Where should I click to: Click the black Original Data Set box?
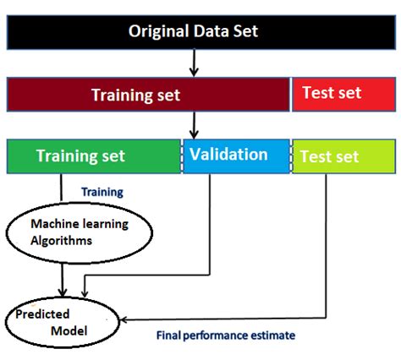201,32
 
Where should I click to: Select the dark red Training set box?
148,95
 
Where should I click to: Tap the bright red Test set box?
344,95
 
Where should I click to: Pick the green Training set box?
94,156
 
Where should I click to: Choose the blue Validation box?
236,156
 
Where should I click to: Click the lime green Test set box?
344,156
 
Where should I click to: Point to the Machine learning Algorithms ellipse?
80,233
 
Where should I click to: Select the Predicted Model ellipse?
63,322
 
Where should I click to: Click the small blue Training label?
102,192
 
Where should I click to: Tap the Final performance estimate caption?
226,335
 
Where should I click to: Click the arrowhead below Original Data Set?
194,72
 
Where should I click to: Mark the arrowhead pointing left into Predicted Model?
124,320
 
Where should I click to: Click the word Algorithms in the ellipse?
62,241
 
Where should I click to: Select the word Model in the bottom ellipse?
69,331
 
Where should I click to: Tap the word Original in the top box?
159,31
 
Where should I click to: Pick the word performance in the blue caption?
216,336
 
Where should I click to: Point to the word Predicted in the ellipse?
42,314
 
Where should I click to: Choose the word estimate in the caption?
272,335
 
